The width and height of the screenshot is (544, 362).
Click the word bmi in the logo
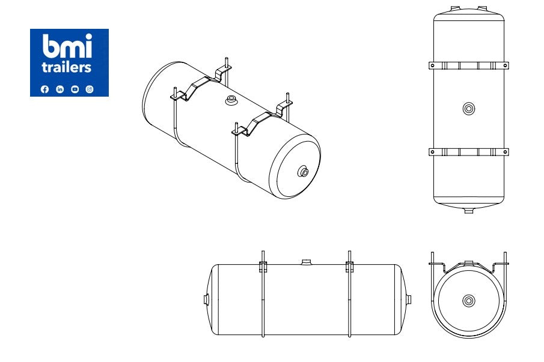(x=67, y=46)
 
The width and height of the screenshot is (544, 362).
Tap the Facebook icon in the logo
(x=44, y=89)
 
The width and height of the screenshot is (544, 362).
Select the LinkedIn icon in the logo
(x=60, y=89)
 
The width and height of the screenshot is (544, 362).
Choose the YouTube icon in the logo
(x=75, y=89)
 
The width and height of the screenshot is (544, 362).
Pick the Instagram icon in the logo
(x=90, y=89)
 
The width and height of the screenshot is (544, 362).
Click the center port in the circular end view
(x=469, y=300)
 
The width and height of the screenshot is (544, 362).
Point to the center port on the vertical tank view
(x=469, y=109)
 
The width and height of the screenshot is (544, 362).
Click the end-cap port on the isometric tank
(x=304, y=173)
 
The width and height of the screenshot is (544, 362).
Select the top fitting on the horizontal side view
(x=307, y=262)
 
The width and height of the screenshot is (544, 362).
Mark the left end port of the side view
(x=207, y=299)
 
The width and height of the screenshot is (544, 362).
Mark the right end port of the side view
(x=411, y=299)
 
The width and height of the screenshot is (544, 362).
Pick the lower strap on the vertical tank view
(x=469, y=152)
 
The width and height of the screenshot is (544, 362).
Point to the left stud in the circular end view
(x=432, y=259)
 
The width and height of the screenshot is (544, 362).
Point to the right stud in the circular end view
(x=506, y=259)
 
